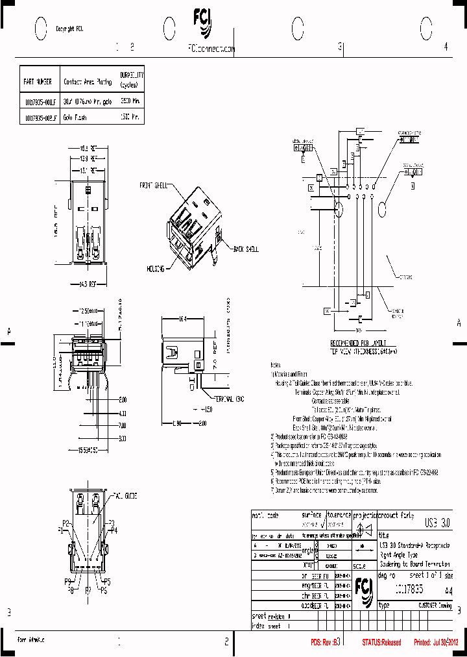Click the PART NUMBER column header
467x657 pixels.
coord(37,83)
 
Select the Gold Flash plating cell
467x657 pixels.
coord(75,118)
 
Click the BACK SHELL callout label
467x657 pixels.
coord(245,249)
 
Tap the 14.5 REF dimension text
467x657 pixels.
coord(88,284)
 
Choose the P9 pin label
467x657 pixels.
coord(67,581)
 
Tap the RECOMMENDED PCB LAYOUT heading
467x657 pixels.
coord(359,341)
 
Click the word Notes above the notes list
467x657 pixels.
coord(276,365)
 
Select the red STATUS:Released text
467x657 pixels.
coord(381,642)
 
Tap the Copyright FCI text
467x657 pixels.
coord(69,29)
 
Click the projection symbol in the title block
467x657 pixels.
coord(364,527)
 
